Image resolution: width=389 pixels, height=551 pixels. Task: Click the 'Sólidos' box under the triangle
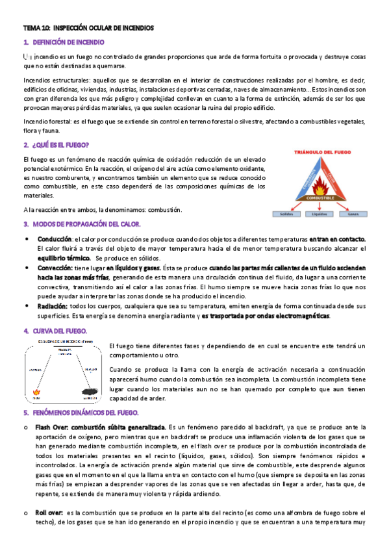click(x=284, y=214)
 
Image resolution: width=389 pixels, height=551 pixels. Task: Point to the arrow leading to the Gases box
click(x=344, y=205)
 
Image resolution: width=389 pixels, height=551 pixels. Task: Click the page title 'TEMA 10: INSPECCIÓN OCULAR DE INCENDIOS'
click(x=88, y=29)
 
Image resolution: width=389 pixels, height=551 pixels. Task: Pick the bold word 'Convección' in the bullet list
click(x=55, y=268)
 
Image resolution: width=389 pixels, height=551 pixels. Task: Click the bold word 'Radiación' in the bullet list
click(x=53, y=305)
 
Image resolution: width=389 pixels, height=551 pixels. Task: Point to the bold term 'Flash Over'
click(x=52, y=427)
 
